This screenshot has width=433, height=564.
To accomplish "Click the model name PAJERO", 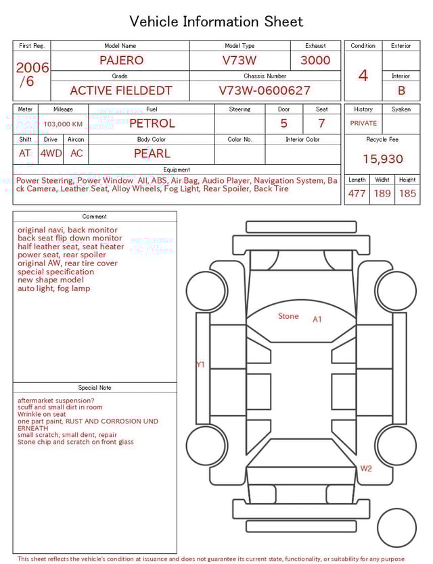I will pyautogui.click(x=121, y=60).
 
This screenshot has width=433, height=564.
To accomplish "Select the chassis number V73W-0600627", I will pyautogui.click(x=265, y=91).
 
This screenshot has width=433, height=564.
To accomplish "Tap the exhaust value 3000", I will pyautogui.click(x=315, y=60).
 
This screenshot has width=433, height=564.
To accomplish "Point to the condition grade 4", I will pyautogui.click(x=363, y=76).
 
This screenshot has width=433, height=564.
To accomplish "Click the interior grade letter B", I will pyautogui.click(x=401, y=91).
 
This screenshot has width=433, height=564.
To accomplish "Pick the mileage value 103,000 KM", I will pyautogui.click(x=63, y=124).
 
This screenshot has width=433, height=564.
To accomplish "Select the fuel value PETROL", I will pyautogui.click(x=152, y=124).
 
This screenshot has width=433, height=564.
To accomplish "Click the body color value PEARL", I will pyautogui.click(x=152, y=153).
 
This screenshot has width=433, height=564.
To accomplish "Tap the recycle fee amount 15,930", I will pyautogui.click(x=382, y=159).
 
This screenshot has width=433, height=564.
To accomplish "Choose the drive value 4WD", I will pyautogui.click(x=51, y=153).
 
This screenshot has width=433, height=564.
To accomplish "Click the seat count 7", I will pyautogui.click(x=321, y=124).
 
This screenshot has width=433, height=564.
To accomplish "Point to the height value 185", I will pyautogui.click(x=407, y=194).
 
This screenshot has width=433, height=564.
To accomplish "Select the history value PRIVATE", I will pyautogui.click(x=363, y=124).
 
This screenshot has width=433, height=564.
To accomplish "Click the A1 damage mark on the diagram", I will pyautogui.click(x=317, y=319).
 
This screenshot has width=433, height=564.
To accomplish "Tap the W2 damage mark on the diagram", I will pyautogui.click(x=366, y=468).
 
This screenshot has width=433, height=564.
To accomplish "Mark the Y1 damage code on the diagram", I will pyautogui.click(x=200, y=365).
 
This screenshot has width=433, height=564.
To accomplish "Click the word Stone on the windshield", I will pyautogui.click(x=288, y=316).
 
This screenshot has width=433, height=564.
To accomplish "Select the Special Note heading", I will pyautogui.click(x=95, y=388).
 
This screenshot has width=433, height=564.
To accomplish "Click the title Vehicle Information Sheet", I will pyautogui.click(x=216, y=22).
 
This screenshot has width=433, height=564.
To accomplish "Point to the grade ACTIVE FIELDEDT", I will pyautogui.click(x=121, y=91).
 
